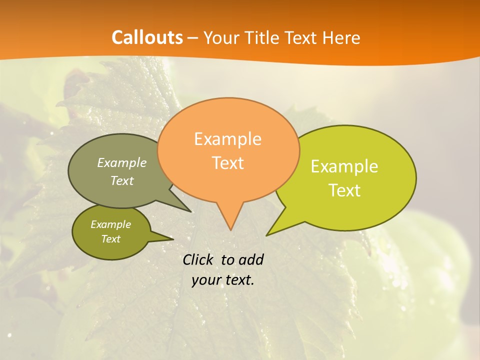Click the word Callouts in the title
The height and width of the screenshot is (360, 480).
147,37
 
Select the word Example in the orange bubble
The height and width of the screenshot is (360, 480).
227,139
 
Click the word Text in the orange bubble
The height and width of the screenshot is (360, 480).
227,163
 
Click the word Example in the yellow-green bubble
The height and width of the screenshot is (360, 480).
344,166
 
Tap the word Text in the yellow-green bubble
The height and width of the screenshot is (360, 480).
344,190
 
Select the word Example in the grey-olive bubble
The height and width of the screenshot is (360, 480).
122,162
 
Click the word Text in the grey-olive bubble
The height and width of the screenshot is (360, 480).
122,180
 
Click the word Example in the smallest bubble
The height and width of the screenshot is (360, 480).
110,224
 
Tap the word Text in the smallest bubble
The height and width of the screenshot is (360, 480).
110,239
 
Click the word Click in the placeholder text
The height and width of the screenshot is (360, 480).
199,259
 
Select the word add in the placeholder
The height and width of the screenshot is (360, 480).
250,259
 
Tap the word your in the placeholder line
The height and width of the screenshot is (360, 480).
205,280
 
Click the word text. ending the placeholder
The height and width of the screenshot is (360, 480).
238,280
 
